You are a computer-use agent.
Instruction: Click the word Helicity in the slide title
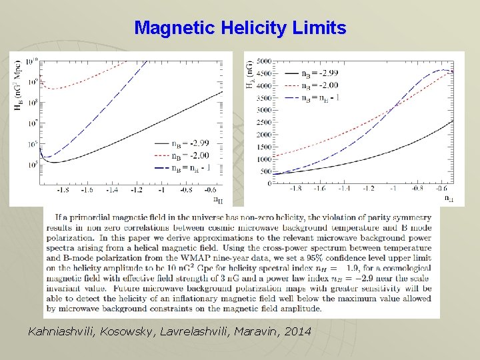click(x=252, y=28)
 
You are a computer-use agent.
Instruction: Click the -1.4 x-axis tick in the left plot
click(x=111, y=190)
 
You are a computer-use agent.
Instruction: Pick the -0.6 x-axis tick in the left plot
click(x=211, y=190)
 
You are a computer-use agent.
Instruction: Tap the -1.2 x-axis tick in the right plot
click(x=367, y=189)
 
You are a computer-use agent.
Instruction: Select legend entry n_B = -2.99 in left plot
click(x=191, y=143)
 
